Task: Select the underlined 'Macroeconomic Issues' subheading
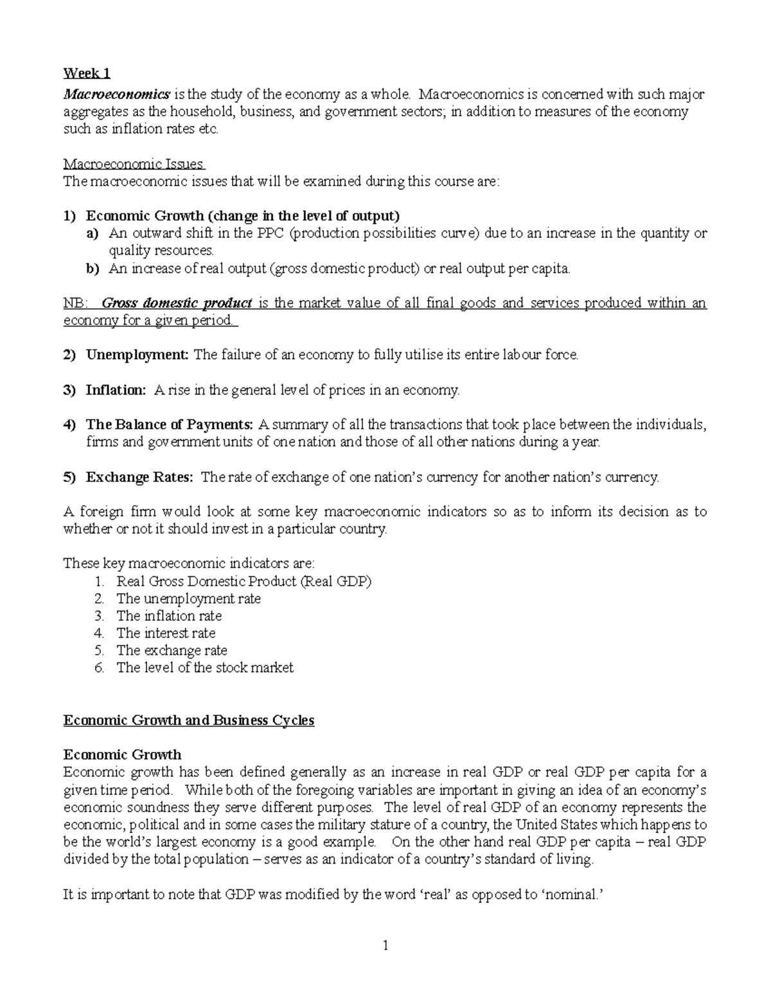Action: (x=134, y=164)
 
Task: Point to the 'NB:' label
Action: (x=75, y=303)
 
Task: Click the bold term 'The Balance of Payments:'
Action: (x=170, y=424)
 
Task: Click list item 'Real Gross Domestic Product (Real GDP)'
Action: (x=244, y=582)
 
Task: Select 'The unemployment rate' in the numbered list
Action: (x=188, y=599)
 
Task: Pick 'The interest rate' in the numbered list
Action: (x=166, y=633)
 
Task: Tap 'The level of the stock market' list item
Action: (x=204, y=668)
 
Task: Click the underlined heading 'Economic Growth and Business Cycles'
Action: (x=189, y=720)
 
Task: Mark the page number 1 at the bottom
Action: (x=385, y=945)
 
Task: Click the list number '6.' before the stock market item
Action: (x=99, y=668)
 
